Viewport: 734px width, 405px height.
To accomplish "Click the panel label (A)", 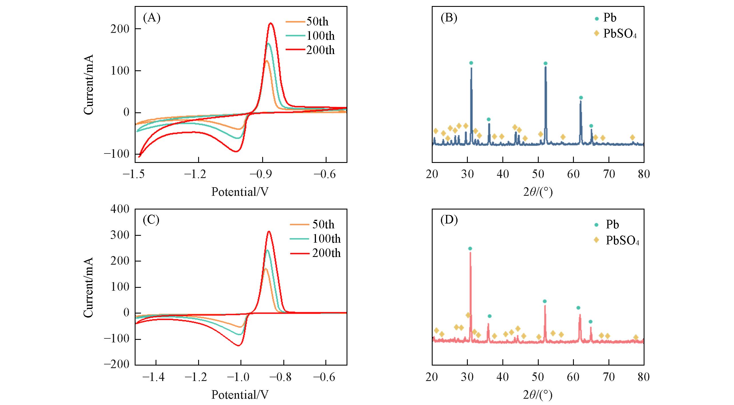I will [x=152, y=18].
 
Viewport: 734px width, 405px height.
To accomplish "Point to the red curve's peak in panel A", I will [x=270, y=23].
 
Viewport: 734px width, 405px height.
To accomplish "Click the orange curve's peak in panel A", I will [x=266, y=61].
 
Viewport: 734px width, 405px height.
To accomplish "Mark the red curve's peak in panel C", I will [x=269, y=232].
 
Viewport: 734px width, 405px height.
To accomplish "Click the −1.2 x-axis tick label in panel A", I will [x=195, y=174].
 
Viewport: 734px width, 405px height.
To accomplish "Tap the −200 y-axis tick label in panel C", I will [x=117, y=364].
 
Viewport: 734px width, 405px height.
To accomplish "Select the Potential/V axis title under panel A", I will [x=240, y=192].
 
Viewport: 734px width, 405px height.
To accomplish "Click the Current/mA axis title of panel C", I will [x=88, y=287].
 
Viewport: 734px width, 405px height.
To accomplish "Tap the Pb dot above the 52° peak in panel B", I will [x=545, y=63].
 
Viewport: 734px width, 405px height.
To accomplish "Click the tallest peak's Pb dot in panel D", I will [x=470, y=249].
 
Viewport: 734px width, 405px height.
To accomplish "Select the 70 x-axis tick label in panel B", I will [x=609, y=174].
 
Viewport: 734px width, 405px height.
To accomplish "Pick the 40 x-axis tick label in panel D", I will [x=503, y=377].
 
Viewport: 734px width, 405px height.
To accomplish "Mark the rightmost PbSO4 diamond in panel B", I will [x=632, y=137].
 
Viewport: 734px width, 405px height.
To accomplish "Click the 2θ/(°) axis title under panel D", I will [x=538, y=395].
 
